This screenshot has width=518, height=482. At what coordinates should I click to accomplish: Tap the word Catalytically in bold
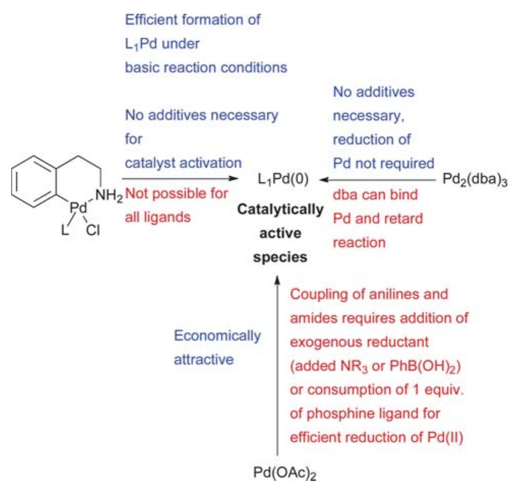pos(280,210)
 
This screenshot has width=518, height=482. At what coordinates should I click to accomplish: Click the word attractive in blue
pos(204,360)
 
